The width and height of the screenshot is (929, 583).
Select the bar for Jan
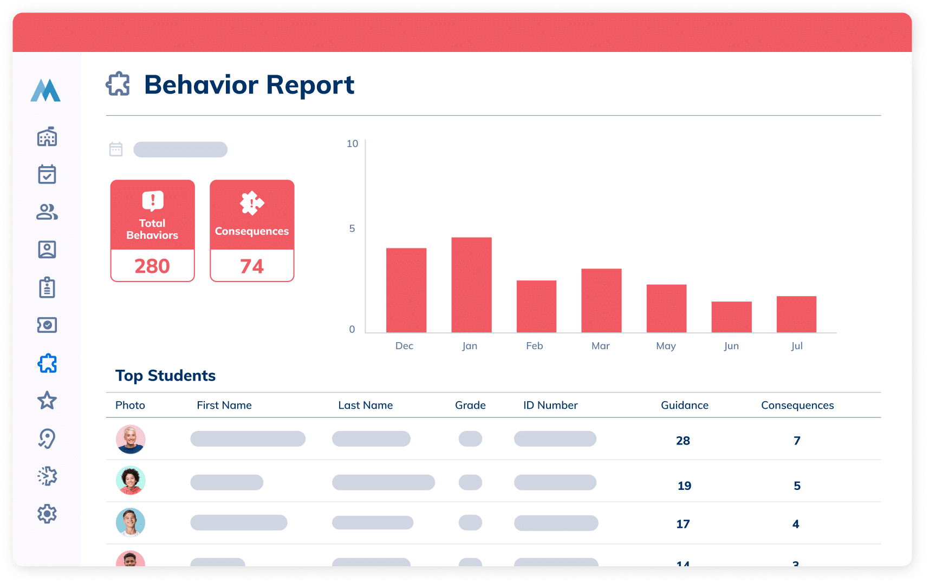tap(471, 285)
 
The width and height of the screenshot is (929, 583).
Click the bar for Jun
tap(731, 317)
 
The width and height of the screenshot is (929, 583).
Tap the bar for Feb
tap(536, 306)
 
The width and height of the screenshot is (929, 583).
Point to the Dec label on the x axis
tap(404, 346)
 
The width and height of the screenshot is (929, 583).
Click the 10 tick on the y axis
tap(352, 143)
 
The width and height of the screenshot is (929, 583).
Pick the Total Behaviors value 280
tap(152, 266)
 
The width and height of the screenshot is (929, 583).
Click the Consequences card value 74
tap(252, 266)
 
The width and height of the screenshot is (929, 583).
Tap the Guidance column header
tap(684, 405)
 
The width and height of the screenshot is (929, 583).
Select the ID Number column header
tap(550, 405)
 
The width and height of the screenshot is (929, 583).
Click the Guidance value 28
tap(683, 441)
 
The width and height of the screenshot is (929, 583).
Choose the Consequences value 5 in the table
tap(797, 486)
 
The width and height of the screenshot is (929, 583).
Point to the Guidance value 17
tap(683, 524)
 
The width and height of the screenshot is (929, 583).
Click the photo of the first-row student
tap(131, 439)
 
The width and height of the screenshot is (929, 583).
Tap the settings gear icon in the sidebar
tap(47, 514)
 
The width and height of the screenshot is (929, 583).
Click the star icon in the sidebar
tap(47, 401)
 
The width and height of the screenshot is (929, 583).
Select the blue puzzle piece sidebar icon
tap(47, 363)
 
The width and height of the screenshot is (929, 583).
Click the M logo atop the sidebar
tap(46, 90)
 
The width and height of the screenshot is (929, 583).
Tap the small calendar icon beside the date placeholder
tap(116, 149)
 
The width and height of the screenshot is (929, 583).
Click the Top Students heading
tap(165, 376)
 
